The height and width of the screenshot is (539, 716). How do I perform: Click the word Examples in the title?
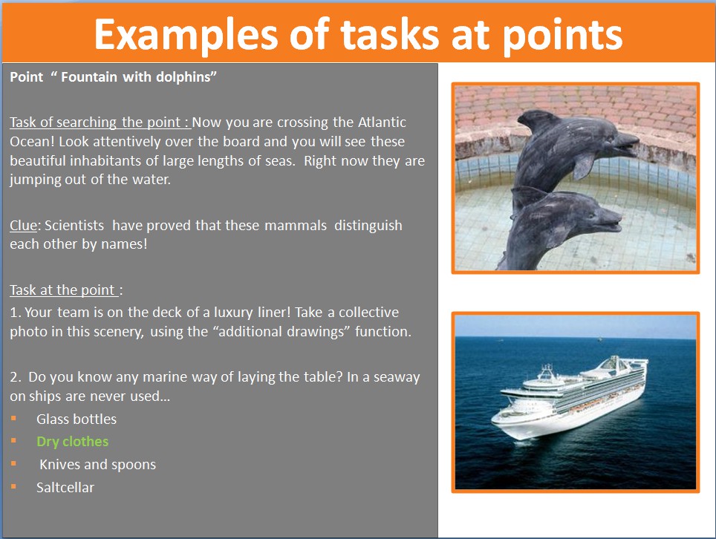pyautogui.click(x=186, y=35)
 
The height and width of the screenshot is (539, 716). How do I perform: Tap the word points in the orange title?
pyautogui.click(x=562, y=35)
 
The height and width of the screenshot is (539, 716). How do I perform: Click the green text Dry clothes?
pyautogui.click(x=72, y=441)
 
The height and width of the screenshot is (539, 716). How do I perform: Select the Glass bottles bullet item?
pyautogui.click(x=77, y=419)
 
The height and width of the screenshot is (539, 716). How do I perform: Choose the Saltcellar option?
pyautogui.click(x=65, y=488)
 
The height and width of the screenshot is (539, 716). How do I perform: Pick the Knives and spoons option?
pyautogui.click(x=98, y=465)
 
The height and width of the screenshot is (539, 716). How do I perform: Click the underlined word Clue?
pyautogui.click(x=23, y=225)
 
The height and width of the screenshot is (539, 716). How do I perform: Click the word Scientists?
pyautogui.click(x=74, y=225)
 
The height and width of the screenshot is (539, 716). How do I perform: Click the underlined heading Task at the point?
pyautogui.click(x=63, y=290)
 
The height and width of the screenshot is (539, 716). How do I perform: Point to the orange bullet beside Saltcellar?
pyautogui.click(x=13, y=486)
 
